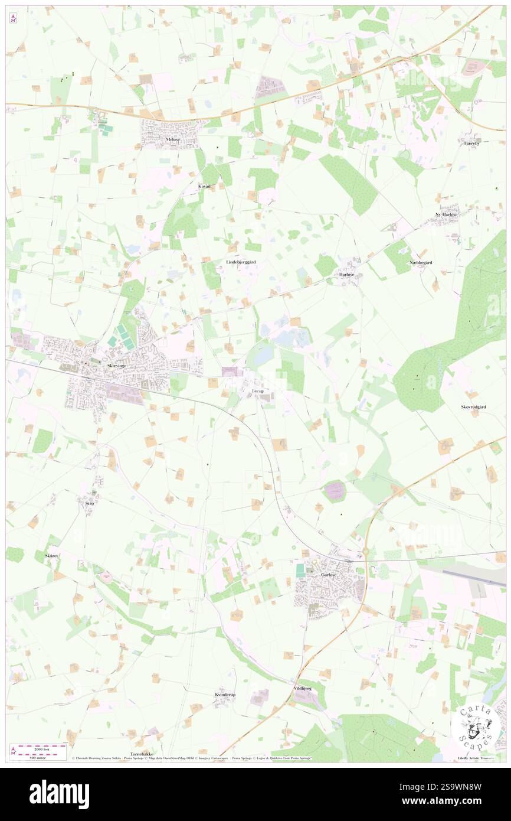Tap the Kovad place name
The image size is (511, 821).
[204, 185]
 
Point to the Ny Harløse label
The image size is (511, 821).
[446, 214]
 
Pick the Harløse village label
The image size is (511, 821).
[346, 275]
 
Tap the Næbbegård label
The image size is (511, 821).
[421, 262]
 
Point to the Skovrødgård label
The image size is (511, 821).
[473, 408]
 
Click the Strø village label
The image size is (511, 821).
[90, 503]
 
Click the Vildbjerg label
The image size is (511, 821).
[302, 689]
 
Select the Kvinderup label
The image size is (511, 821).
[225, 695]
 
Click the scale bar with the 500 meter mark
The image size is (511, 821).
[39, 751]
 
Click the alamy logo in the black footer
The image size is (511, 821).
[59, 794]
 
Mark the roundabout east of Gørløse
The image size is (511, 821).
[365, 552]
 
